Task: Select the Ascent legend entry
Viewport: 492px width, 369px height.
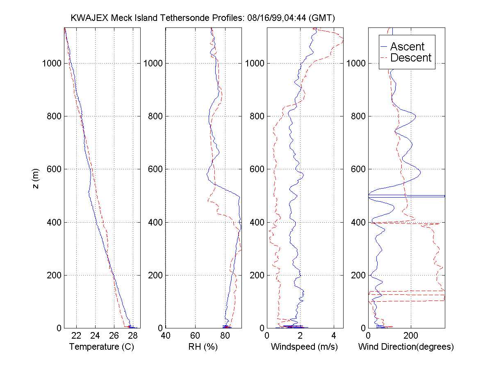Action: [407, 46]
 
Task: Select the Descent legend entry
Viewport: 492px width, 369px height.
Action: [411, 58]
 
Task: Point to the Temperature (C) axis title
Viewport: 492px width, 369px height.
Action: [102, 347]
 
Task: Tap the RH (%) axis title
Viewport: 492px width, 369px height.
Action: [203, 347]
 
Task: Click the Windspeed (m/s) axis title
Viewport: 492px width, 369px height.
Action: [304, 347]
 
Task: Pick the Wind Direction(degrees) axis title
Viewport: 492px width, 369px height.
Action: [406, 347]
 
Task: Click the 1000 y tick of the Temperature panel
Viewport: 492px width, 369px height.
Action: [52, 63]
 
